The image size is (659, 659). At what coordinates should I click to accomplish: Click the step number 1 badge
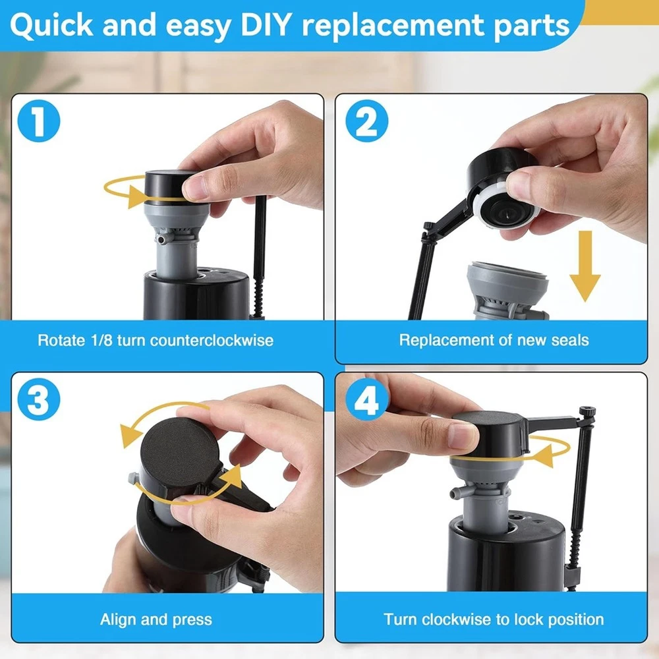pos(39,121)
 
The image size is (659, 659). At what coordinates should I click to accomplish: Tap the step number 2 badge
pos(366,121)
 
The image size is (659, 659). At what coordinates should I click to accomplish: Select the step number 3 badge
pos(39,399)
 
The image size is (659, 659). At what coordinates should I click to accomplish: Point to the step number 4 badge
pos(366,399)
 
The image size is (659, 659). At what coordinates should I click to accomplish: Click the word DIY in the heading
pos(266,24)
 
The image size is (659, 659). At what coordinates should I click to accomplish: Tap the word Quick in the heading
pos(51,25)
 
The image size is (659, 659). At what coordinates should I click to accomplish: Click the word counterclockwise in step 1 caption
pos(212,340)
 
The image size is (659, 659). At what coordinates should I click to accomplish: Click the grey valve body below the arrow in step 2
pos(507,291)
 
